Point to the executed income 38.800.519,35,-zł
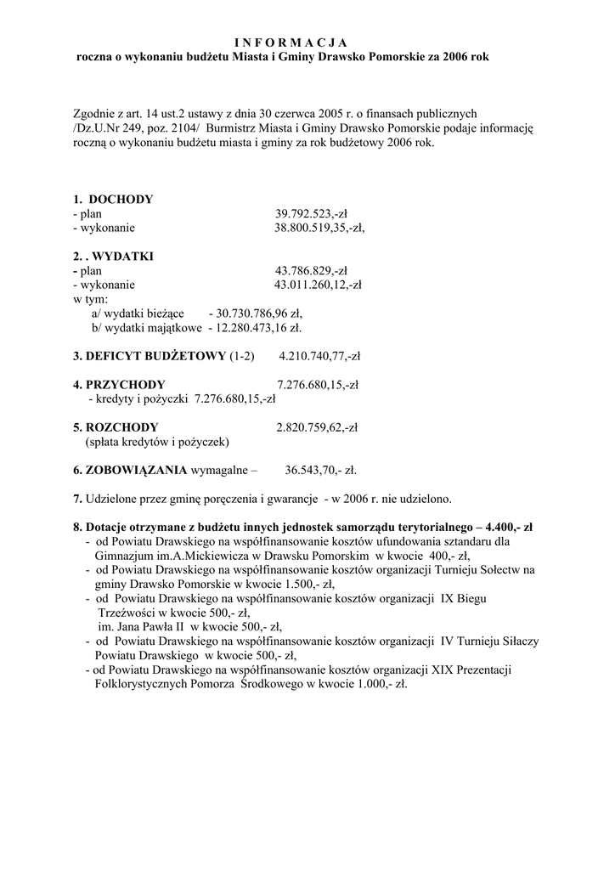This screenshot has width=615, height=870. point(319,228)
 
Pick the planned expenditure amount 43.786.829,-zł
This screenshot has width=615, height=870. point(313,270)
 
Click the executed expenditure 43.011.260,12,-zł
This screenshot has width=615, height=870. point(318,285)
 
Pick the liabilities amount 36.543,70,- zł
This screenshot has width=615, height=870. point(320,469)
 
